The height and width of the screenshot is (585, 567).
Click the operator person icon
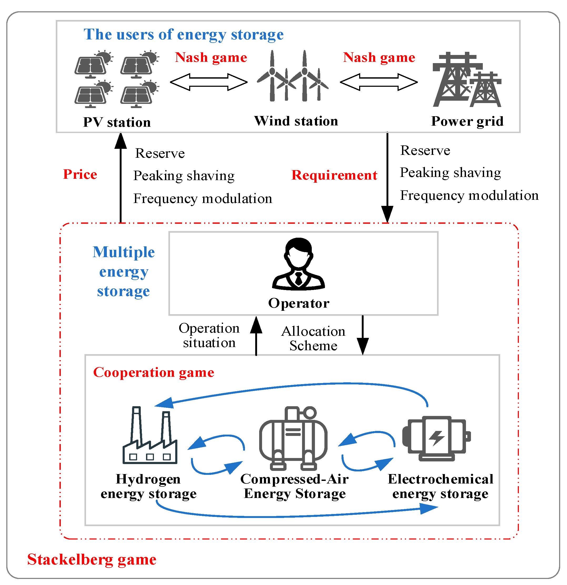coord(298,264)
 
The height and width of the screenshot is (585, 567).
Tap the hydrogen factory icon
coord(150,435)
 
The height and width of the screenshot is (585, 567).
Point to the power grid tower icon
coord(467,80)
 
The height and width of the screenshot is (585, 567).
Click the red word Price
coord(80,174)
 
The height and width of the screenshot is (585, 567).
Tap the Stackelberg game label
coord(92,559)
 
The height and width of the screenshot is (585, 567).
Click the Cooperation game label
coord(154,372)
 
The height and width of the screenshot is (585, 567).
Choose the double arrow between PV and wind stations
coord(209,82)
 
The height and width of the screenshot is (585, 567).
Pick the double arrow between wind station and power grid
coord(379,82)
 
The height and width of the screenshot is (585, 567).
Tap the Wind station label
coord(296,121)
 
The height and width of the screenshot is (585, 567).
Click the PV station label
coord(117,122)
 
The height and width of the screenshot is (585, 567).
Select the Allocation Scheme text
coord(313,338)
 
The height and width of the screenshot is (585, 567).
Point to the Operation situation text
coord(209,335)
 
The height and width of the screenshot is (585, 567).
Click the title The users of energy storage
coord(183,34)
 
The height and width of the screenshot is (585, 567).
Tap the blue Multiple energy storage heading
coord(123,271)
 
